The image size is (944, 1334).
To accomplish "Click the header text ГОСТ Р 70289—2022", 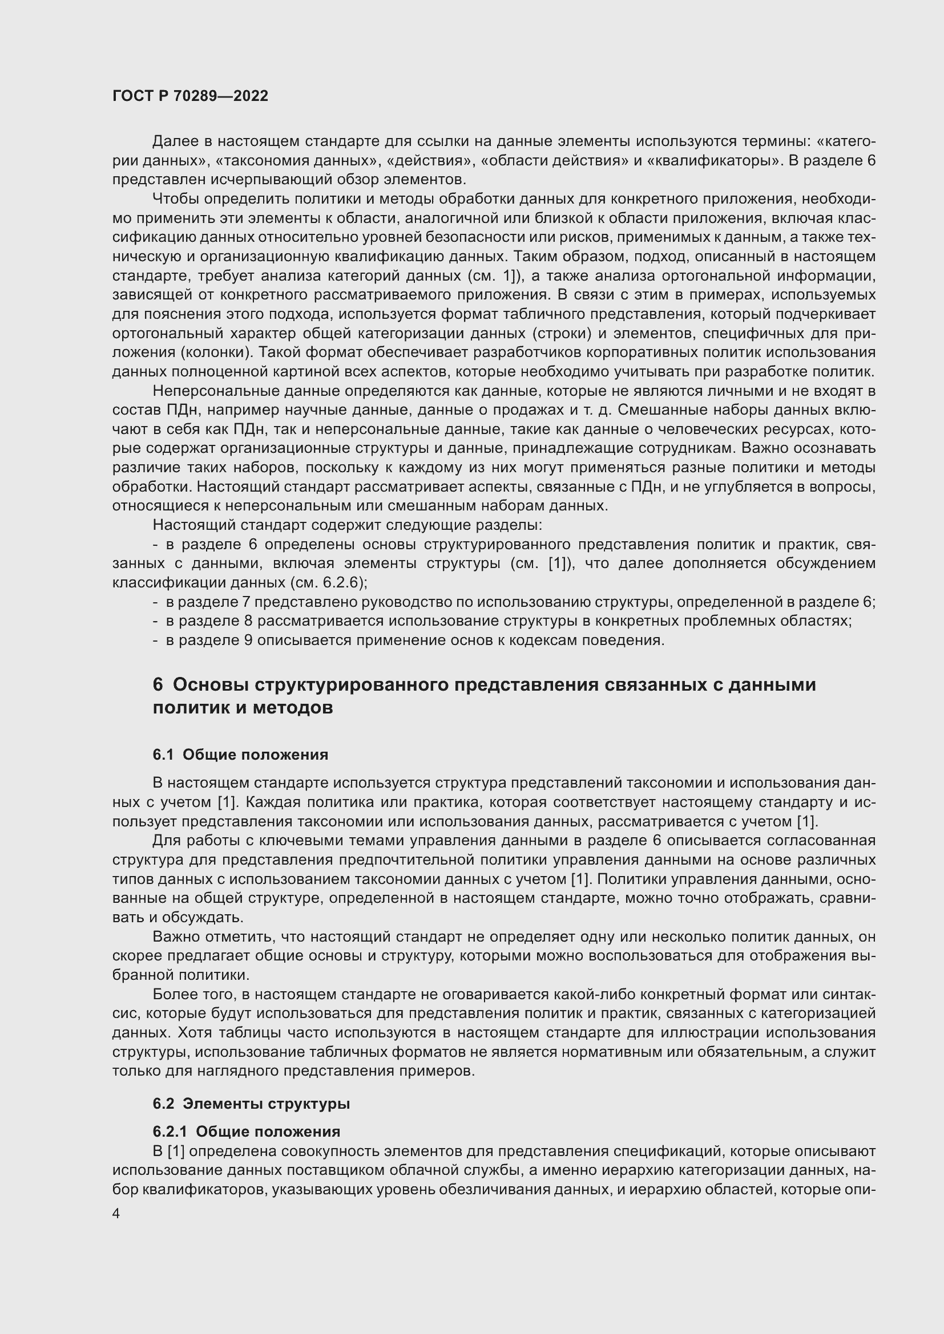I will pyautogui.click(x=190, y=96).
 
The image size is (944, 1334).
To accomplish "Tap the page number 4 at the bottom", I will pyautogui.click(x=116, y=1214).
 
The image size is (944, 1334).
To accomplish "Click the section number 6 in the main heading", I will pyautogui.click(x=158, y=685).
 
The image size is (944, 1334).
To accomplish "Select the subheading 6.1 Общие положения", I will pyautogui.click(x=240, y=755).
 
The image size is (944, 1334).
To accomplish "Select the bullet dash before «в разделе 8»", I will pyautogui.click(x=155, y=621).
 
